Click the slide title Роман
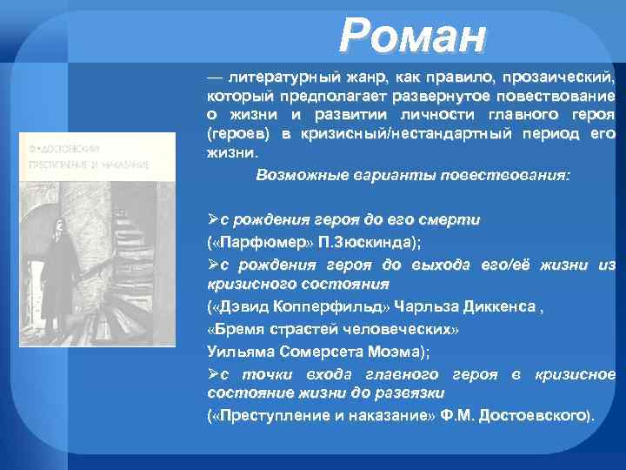point(413,37)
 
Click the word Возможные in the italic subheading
point(294,175)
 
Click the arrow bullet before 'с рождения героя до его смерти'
point(213,220)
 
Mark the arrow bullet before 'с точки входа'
point(213,373)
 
